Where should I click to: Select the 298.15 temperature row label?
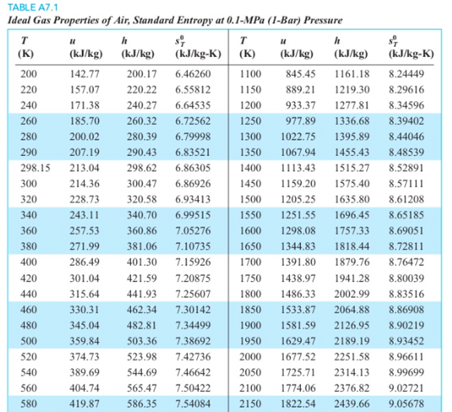(x=35, y=168)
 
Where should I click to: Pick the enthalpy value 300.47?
(x=142, y=184)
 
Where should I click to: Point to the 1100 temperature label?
(x=250, y=74)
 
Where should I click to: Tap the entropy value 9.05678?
(x=406, y=403)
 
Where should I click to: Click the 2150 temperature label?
(x=250, y=403)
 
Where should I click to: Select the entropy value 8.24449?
(x=406, y=74)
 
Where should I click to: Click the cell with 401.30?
(x=142, y=262)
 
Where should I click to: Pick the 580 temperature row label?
(x=28, y=403)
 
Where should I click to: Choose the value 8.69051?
(x=406, y=231)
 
